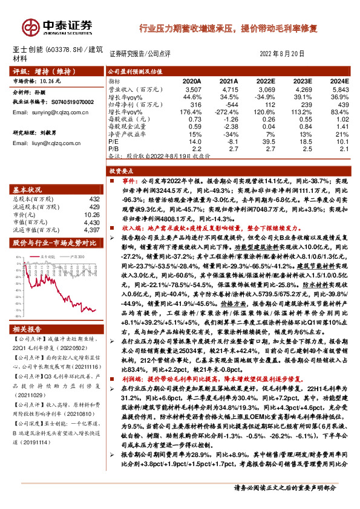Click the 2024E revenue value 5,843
339,88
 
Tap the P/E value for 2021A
231,140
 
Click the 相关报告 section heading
27,329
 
